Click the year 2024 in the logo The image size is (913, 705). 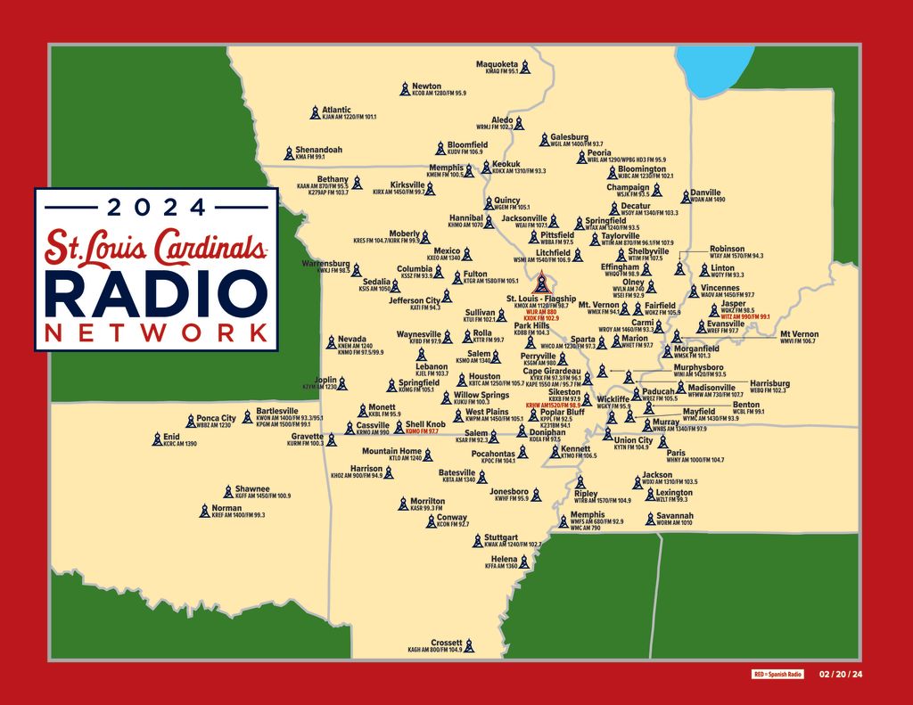(x=156, y=208)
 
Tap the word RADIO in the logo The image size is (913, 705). (x=156, y=294)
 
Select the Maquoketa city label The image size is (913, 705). (x=497, y=64)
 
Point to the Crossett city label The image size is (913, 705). (x=446, y=643)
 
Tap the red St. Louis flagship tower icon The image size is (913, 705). (x=539, y=285)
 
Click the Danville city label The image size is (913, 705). (x=705, y=192)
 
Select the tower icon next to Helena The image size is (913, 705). (x=524, y=562)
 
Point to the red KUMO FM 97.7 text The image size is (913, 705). (x=422, y=431)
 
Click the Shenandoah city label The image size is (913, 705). (x=318, y=150)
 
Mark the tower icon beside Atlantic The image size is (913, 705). (x=314, y=113)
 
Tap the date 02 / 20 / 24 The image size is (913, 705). (x=841, y=675)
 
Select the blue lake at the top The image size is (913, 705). (x=710, y=71)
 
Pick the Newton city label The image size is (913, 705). (x=426, y=86)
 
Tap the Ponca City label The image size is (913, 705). (x=216, y=418)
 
